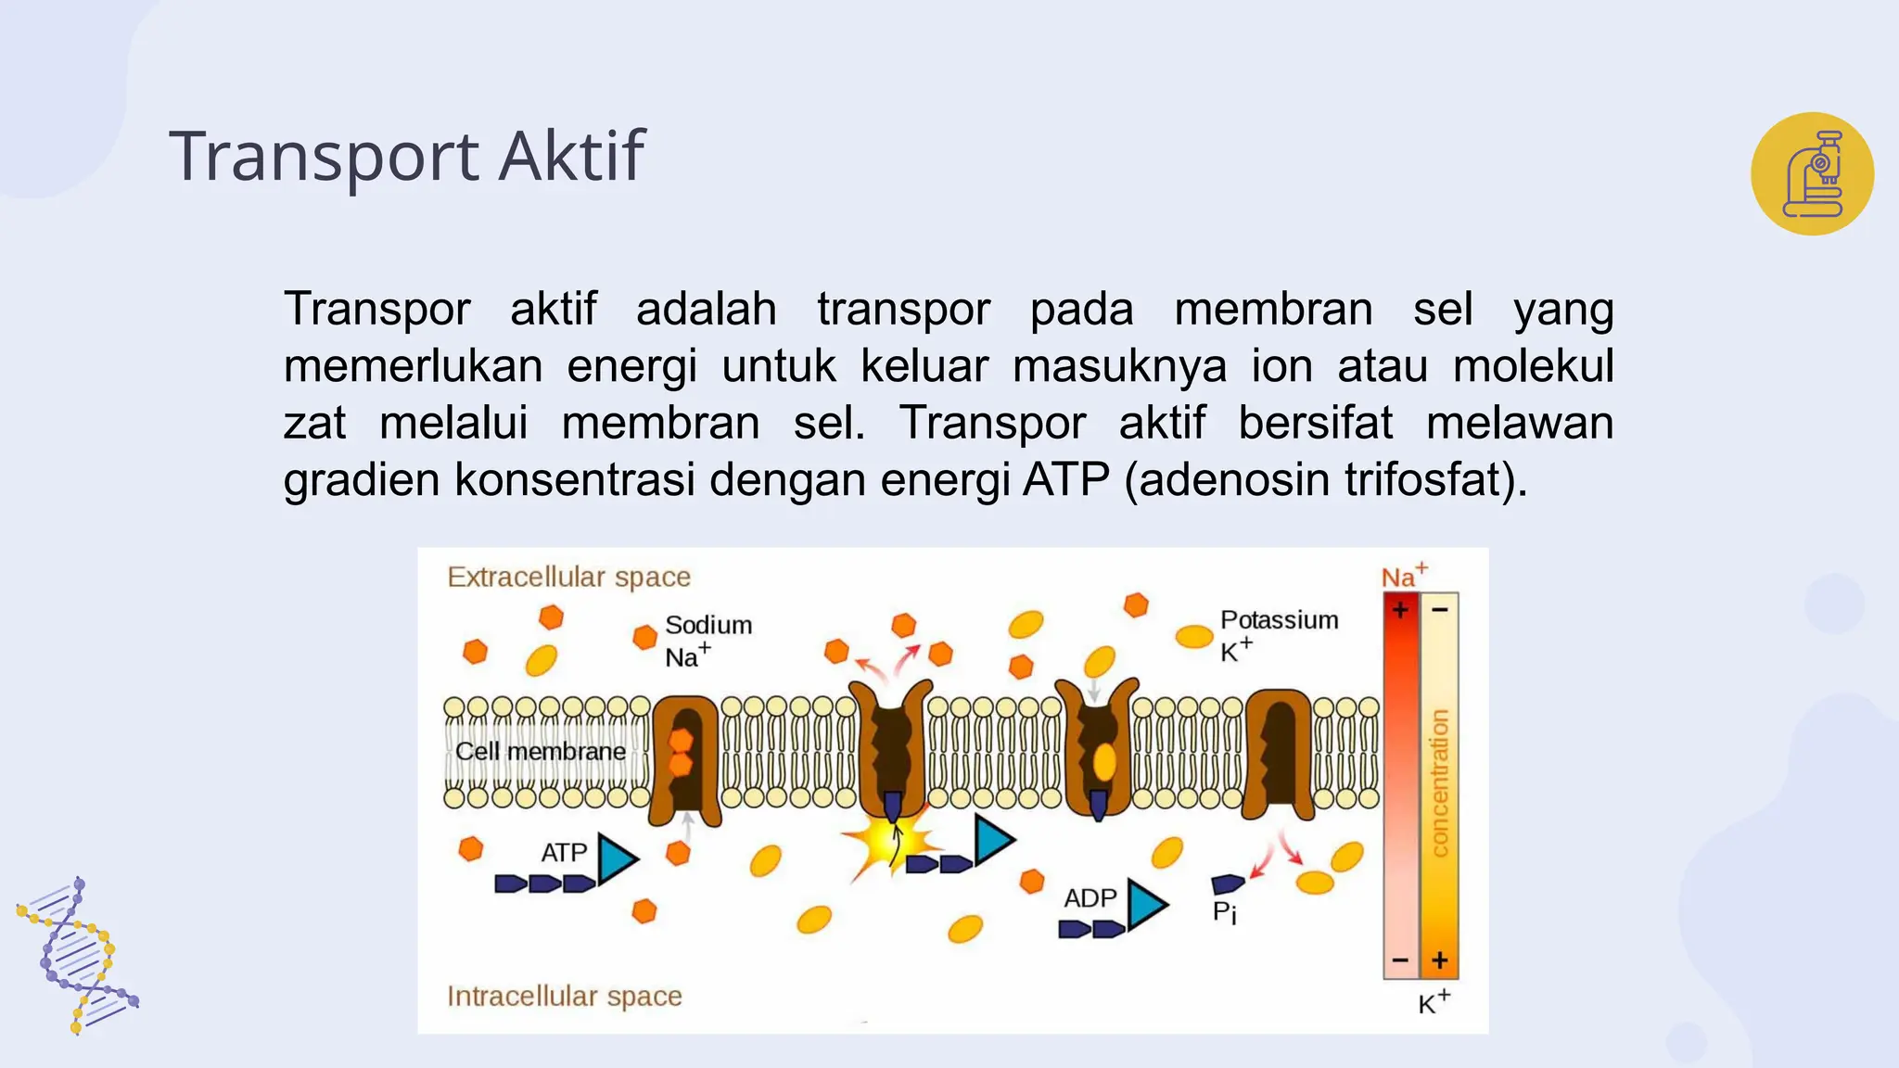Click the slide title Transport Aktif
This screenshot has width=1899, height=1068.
(406, 156)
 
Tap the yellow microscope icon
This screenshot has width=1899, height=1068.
(1812, 173)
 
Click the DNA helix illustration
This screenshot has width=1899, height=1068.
(78, 955)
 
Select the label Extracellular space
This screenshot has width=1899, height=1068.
(568, 577)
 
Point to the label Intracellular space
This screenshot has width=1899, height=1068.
(564, 996)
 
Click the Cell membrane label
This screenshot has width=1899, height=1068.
(541, 751)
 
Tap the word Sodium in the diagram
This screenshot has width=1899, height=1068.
(708, 625)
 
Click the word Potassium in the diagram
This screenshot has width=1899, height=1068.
(1279, 619)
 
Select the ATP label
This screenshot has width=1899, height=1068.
(564, 852)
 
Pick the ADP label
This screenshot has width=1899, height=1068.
(1090, 897)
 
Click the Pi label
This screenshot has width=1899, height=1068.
(1224, 912)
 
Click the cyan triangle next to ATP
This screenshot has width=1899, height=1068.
(616, 858)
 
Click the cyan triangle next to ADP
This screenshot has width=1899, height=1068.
(1145, 904)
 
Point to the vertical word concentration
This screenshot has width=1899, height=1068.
(1439, 783)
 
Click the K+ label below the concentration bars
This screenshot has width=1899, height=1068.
(1434, 1003)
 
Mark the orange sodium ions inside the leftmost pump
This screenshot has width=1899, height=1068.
(682, 751)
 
